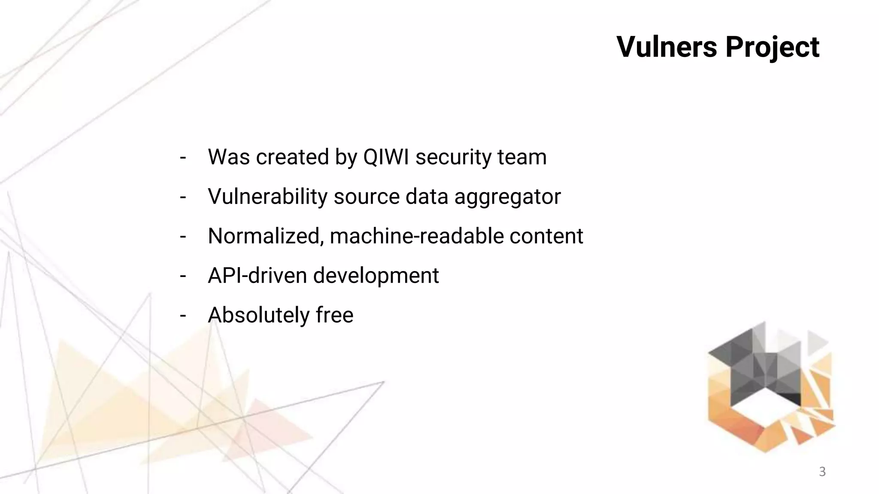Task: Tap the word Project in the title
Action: coord(772,47)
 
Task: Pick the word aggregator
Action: coord(507,197)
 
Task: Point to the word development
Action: coord(376,276)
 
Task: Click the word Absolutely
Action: coord(258,315)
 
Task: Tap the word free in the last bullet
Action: coord(335,315)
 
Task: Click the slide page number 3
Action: coord(822,472)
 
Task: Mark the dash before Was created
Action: coord(183,157)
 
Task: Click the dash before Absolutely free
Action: coord(183,316)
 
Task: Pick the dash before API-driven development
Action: coord(183,276)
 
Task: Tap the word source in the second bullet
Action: coord(367,197)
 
